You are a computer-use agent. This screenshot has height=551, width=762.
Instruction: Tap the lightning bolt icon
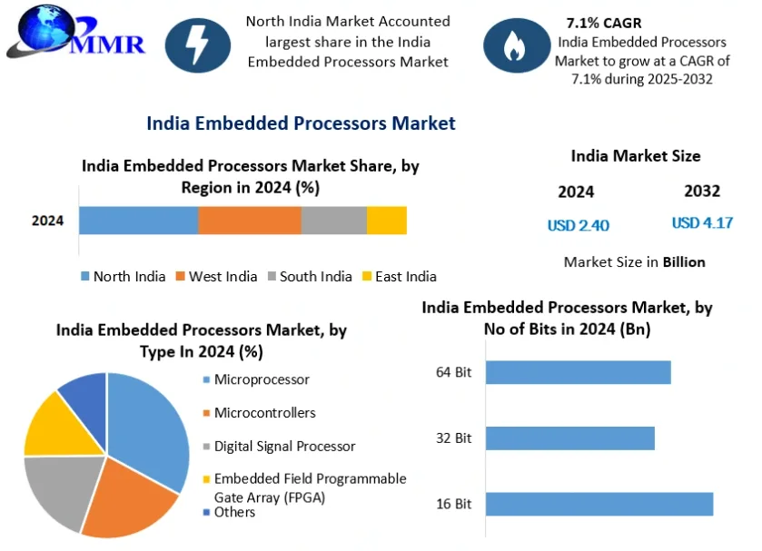198,45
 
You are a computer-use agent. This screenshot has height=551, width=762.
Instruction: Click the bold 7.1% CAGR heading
604,23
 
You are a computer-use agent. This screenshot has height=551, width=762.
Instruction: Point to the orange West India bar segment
250,221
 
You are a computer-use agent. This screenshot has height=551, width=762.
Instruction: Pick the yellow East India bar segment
387,221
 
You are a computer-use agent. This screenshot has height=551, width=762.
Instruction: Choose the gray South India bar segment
334,221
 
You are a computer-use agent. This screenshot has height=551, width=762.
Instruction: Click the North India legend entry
124,277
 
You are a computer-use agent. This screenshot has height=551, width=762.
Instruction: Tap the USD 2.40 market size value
579,225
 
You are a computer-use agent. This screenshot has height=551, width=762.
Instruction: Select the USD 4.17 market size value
702,223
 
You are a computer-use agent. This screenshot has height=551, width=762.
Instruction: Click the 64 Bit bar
579,372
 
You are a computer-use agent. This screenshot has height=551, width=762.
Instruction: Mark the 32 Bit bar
570,438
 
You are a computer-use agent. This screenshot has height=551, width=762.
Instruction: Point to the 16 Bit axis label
454,504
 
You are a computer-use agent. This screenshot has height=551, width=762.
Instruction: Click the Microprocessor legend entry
256,379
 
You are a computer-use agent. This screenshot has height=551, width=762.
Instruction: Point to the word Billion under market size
684,262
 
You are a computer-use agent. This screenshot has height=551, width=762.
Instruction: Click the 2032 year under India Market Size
702,191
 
